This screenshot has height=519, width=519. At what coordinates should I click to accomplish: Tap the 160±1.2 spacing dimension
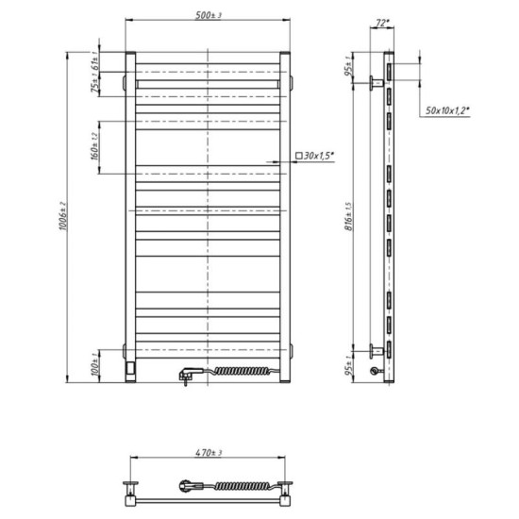tap(97, 147)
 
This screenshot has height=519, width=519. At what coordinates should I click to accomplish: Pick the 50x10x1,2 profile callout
tap(448, 110)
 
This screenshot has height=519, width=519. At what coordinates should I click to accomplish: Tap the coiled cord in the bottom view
tap(247, 488)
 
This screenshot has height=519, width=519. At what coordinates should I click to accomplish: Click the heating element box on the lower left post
tap(131, 363)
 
